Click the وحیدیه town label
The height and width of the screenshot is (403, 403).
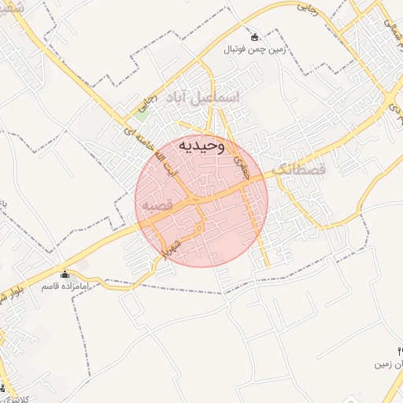point(201,146)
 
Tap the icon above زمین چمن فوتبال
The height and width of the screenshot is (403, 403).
point(254,37)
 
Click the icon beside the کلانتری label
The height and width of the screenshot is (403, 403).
point(2,387)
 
